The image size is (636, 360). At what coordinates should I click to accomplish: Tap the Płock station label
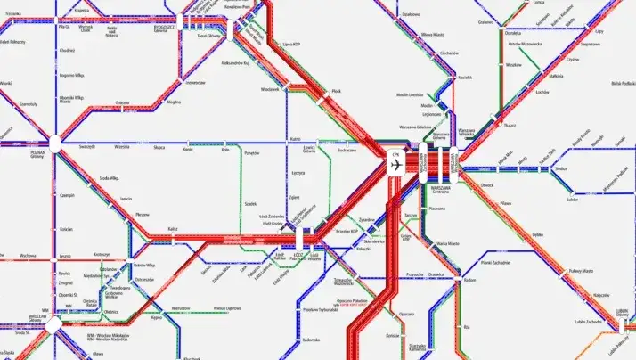tap(337, 91)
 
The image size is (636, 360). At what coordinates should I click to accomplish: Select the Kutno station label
tap(295, 139)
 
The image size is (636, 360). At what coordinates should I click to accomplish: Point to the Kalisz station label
tap(172, 229)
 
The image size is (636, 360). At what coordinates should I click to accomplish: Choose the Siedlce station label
tap(560, 168)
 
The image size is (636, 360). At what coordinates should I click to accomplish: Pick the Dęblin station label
tap(537, 234)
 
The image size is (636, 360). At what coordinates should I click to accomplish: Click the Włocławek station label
tap(271, 88)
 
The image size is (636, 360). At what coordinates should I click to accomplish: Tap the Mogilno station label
tap(174, 102)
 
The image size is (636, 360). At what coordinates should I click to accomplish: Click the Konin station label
tap(188, 149)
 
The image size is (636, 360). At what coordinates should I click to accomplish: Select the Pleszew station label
tap(143, 214)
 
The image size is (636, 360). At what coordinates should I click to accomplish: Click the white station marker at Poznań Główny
tap(55, 141)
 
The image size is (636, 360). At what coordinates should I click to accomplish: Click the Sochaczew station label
tap(346, 151)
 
